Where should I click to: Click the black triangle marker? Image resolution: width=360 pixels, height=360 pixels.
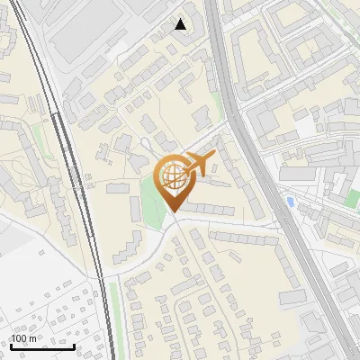pos(181,24)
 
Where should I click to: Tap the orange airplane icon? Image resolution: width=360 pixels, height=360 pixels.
pos(200,165)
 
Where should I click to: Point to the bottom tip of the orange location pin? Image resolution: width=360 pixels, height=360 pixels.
pos(171,213)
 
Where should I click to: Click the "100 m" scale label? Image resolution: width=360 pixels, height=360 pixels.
pos(23,337)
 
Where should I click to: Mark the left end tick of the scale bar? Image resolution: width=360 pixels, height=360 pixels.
pos(10,345)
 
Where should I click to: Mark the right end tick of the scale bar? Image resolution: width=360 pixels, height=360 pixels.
pos(74,345)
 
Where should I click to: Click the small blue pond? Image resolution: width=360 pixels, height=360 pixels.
pos(289,201)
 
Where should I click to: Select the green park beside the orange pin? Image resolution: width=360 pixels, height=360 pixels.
pos(151,200)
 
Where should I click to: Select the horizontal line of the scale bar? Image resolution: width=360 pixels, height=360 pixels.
pos(41,346)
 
